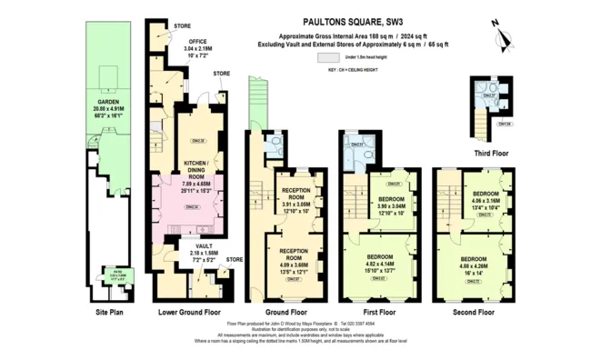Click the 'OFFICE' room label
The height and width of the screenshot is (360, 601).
tap(197, 41)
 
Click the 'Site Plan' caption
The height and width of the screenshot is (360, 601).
tap(109, 311)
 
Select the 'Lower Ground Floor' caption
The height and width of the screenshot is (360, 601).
tap(189, 311)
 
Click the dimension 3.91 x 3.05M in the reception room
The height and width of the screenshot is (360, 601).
tap(297, 205)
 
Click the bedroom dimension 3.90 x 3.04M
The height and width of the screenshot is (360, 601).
tap(392, 205)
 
